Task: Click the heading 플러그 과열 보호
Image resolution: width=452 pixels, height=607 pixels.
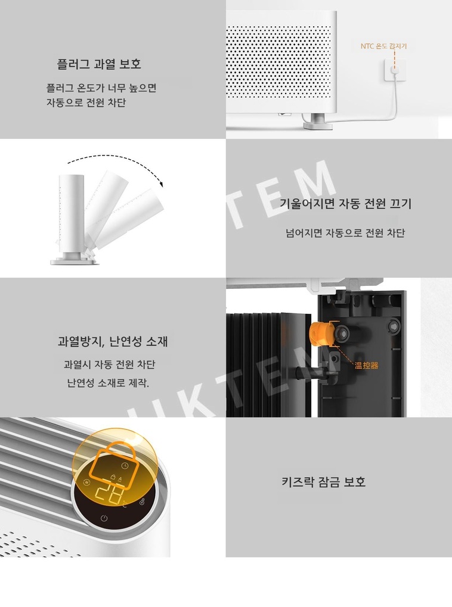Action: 99,64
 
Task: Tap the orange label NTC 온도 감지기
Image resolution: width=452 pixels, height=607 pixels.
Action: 384,46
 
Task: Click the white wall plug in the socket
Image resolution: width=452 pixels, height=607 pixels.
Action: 395,70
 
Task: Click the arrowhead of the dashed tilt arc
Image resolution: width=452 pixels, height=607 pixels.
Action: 160,183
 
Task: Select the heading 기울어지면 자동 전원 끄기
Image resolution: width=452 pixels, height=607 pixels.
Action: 345,204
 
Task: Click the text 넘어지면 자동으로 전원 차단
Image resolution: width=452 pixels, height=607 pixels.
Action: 345,233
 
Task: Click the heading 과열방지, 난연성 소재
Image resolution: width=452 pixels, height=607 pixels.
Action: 113,341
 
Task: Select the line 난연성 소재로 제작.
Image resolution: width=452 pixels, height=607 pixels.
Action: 108,383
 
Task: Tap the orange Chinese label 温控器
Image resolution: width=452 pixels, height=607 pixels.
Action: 366,365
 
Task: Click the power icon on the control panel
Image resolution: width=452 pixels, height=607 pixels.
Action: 104,518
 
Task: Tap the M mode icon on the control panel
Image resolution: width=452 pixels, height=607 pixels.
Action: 86,483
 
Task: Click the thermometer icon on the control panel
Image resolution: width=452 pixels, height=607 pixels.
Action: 143,502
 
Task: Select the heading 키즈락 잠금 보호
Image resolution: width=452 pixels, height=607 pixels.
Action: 324,482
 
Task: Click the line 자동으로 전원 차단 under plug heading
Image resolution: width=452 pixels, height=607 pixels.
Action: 86,103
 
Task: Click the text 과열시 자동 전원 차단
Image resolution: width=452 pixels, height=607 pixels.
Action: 110,365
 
